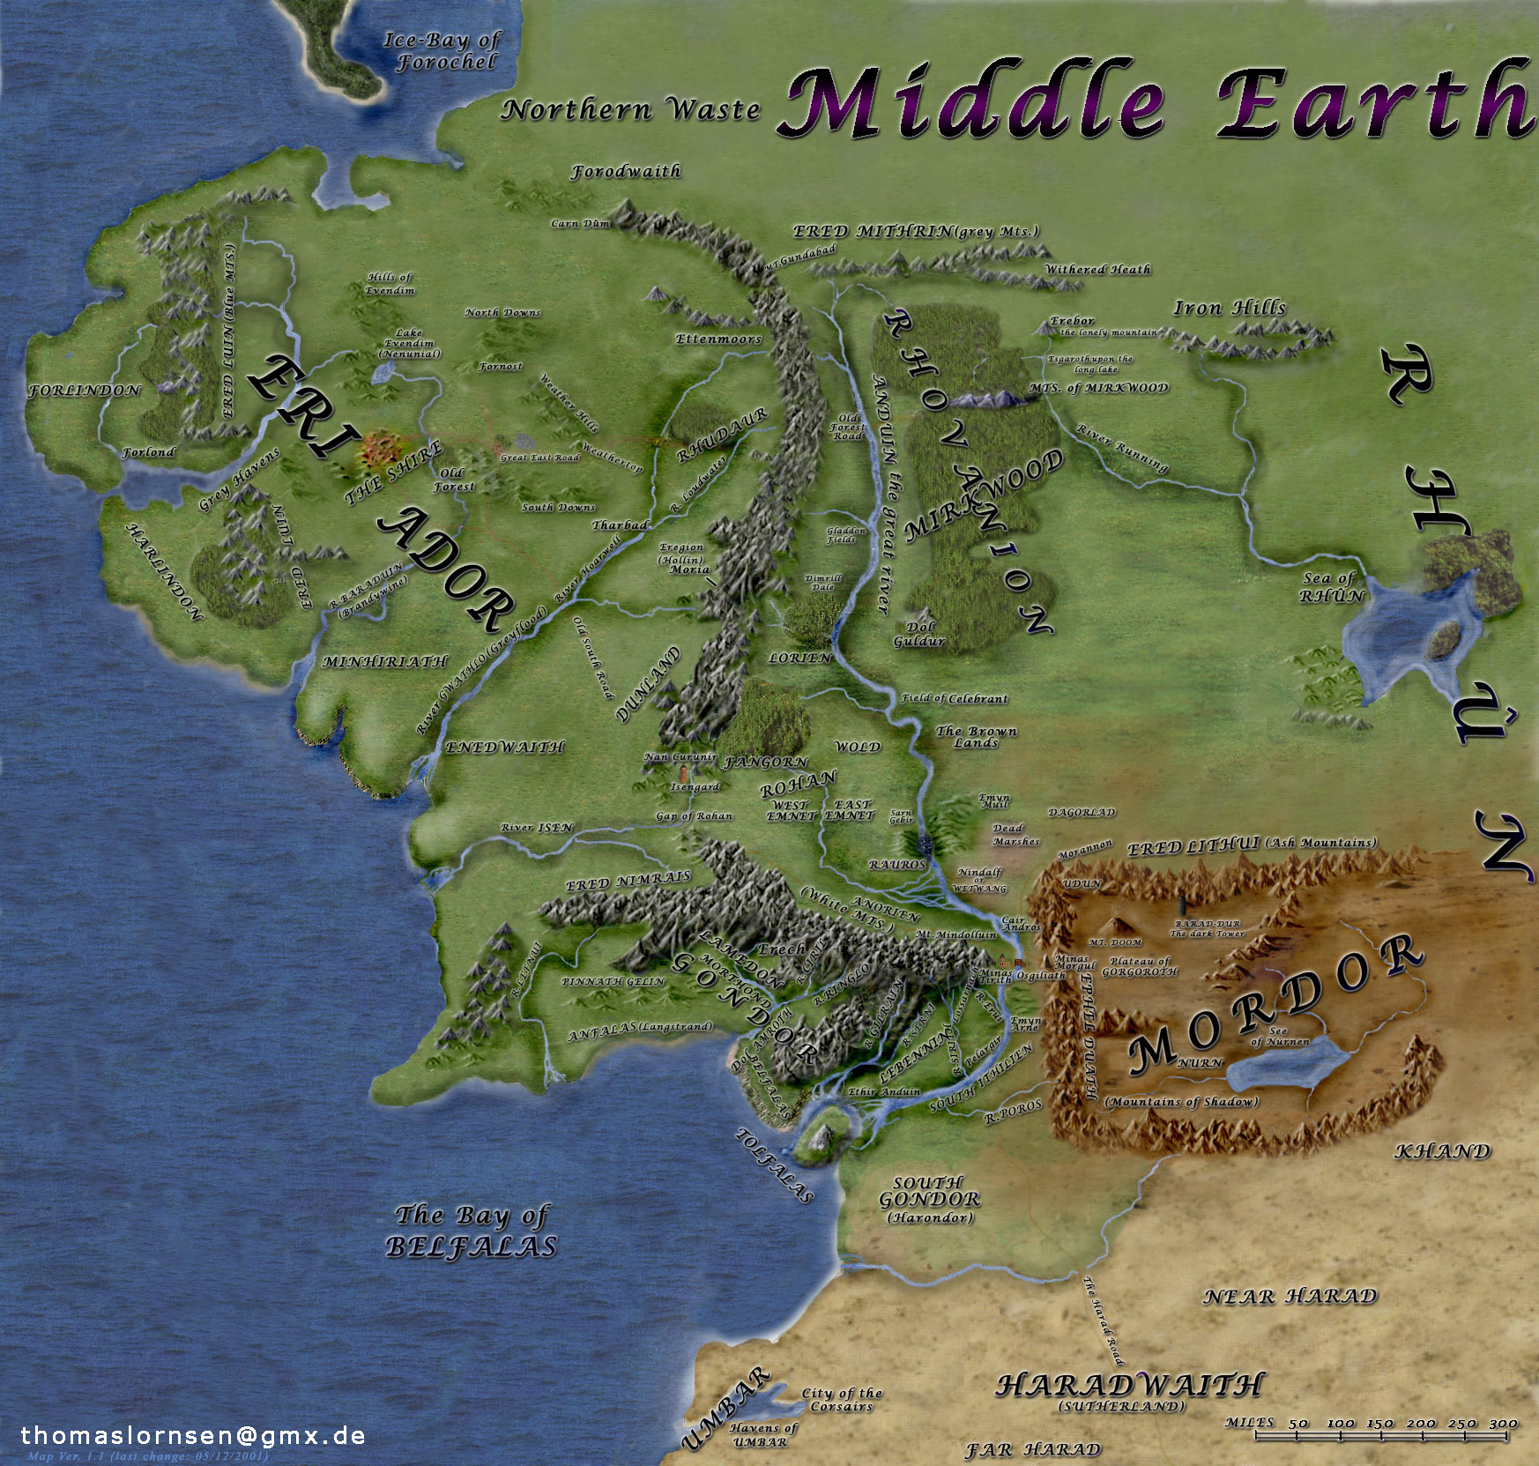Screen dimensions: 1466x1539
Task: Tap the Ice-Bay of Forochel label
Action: click(x=443, y=51)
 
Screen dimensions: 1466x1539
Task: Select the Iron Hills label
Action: click(x=1230, y=308)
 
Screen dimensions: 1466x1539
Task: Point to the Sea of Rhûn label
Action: click(x=1332, y=587)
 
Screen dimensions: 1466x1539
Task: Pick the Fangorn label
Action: click(x=765, y=762)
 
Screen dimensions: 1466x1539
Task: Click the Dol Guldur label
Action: click(x=919, y=634)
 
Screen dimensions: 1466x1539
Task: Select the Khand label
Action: click(x=1441, y=1151)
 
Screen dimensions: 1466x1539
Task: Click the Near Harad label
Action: click(x=1290, y=1297)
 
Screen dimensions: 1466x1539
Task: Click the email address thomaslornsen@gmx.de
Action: click(x=193, y=1435)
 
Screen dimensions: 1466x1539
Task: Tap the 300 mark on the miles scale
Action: click(x=1503, y=1424)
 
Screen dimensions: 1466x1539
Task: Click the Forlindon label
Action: click(x=85, y=391)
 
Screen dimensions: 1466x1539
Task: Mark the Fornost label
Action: click(x=500, y=367)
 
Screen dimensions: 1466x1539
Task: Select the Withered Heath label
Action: click(x=1097, y=270)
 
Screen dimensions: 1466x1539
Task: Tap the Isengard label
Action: click(x=695, y=786)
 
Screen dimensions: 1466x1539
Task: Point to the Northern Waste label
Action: click(x=630, y=110)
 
